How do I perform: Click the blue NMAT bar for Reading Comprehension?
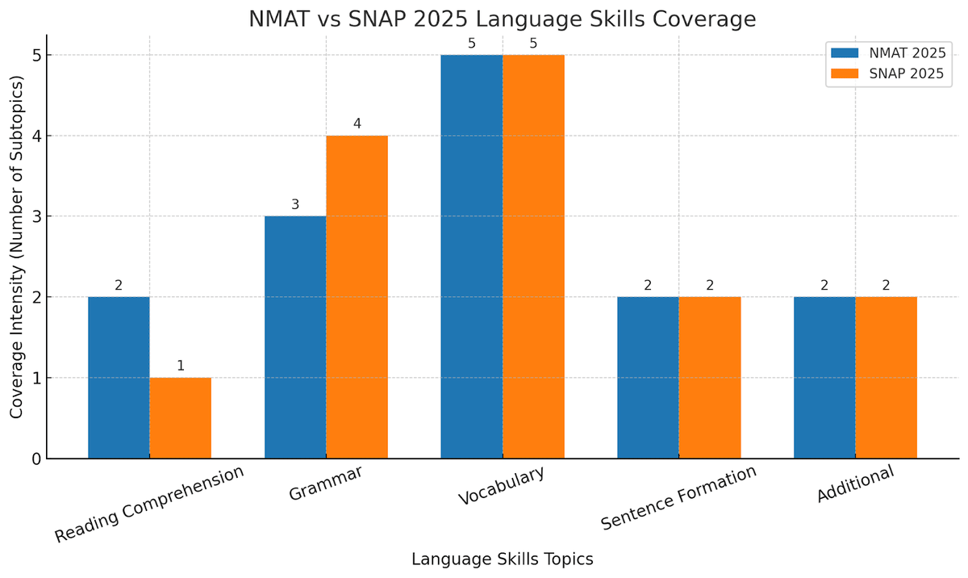(x=119, y=378)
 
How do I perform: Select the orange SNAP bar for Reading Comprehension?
(x=180, y=418)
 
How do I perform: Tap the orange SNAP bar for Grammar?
(x=357, y=297)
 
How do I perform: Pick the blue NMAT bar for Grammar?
(x=295, y=337)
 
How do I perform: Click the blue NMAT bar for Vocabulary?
(x=472, y=257)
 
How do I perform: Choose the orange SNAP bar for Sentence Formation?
(x=710, y=378)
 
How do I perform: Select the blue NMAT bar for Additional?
(x=824, y=378)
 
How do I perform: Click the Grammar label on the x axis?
(x=326, y=484)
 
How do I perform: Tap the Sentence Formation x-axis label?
(x=678, y=498)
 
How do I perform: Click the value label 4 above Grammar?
(x=357, y=124)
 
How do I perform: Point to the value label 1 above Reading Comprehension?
(x=180, y=366)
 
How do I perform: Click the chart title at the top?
(x=502, y=19)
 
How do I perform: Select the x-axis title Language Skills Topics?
(x=502, y=559)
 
